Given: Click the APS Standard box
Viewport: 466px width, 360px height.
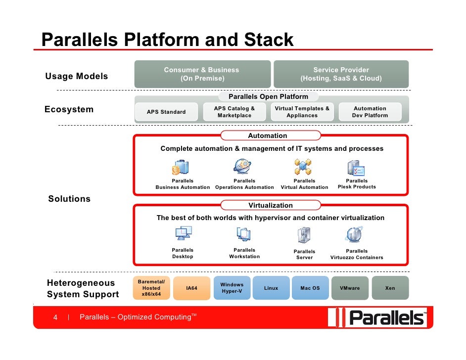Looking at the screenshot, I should [166, 112].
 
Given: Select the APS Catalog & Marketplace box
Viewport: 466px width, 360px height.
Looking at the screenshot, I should [234, 112].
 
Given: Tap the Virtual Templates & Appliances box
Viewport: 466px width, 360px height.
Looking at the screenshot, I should [302, 112].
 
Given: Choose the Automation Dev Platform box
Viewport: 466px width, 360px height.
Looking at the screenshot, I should [370, 112].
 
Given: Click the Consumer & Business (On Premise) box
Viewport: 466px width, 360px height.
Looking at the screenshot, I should [202, 74].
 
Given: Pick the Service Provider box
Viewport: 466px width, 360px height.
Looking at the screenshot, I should [341, 74].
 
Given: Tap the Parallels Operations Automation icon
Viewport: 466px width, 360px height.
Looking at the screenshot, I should [243, 167].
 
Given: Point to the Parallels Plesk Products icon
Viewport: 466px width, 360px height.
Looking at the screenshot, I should [356, 168].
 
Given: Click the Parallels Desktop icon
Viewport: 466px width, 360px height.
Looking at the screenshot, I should [183, 234].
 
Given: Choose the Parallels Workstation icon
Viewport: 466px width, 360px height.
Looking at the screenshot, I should [243, 234].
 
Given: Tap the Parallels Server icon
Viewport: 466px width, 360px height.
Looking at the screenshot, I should [304, 235].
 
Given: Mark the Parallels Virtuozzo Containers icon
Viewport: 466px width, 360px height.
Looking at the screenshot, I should [355, 234].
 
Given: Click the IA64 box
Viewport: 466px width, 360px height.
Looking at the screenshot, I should [191, 288].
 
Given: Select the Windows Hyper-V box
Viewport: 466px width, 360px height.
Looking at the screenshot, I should [232, 288].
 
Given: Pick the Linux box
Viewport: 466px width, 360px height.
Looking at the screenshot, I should [271, 288].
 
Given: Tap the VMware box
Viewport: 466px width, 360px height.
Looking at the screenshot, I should [350, 288].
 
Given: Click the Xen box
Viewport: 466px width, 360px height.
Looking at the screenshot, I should [390, 288].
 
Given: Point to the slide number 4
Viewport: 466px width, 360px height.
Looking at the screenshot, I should [56, 317].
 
